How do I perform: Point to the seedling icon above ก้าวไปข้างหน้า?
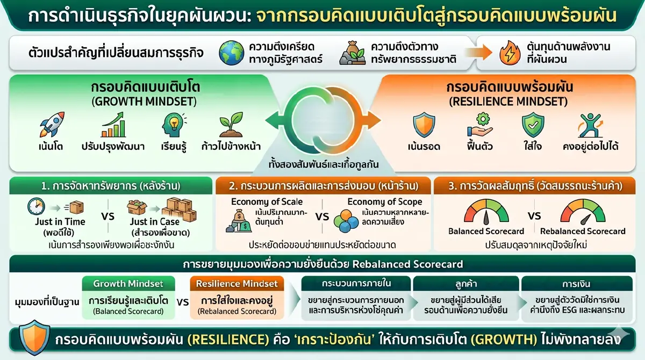point(231,125)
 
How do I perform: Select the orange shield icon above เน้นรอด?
point(423,125)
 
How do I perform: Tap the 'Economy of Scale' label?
point(267,202)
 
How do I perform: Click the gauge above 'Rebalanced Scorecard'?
point(583,212)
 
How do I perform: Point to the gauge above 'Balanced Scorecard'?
point(485,212)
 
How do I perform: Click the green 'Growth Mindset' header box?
point(128,283)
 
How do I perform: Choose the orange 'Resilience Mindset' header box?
point(236,283)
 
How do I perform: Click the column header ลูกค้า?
point(465,283)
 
